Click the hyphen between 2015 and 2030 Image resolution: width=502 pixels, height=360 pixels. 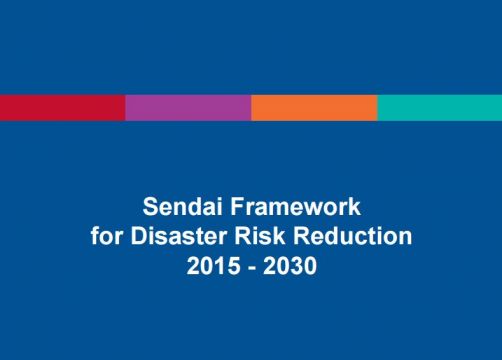(250, 268)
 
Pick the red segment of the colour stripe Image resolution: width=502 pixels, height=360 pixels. (62, 107)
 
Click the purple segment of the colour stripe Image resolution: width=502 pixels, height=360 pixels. (188, 107)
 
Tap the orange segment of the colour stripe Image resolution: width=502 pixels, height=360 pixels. (314, 107)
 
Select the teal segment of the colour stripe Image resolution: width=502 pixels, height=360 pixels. (440, 107)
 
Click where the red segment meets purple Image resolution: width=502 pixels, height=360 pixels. (125, 107)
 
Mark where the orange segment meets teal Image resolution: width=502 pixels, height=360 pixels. (377, 107)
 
